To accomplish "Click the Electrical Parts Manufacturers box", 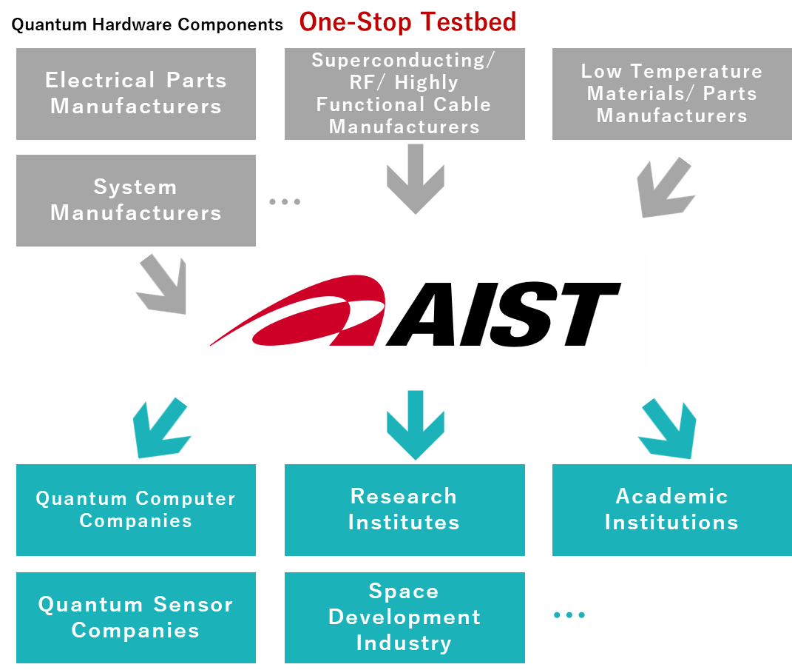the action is [x=136, y=94].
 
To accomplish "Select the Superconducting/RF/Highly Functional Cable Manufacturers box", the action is [x=405, y=94].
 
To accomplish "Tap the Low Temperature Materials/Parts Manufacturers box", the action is [x=672, y=94].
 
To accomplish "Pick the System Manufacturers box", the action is [x=136, y=201].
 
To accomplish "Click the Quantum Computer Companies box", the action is [x=136, y=509].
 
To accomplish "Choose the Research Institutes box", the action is [x=405, y=509].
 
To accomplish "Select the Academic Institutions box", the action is [x=672, y=509].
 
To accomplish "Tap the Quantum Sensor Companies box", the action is [x=136, y=617].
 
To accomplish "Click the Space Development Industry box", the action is [x=405, y=617].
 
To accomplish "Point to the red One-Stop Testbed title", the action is [x=407, y=22].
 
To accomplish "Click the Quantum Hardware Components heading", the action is [x=147, y=24].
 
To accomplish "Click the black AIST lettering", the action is [x=503, y=314].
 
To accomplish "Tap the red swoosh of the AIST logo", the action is [x=298, y=311].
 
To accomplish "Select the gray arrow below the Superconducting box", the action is [x=415, y=179].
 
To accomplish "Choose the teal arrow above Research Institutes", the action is [x=415, y=425].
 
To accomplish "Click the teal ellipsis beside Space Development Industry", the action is [x=569, y=615].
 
